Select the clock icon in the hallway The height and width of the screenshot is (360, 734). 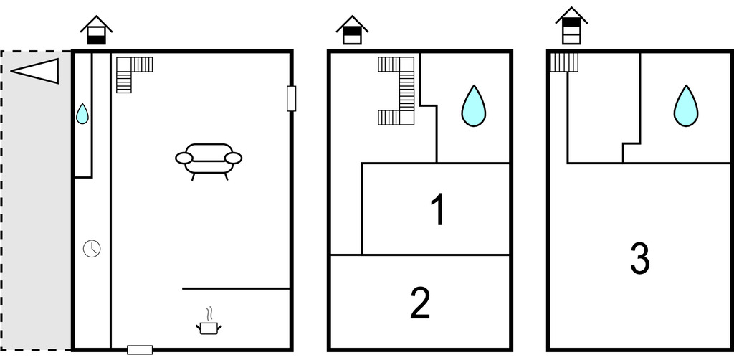click(x=92, y=248)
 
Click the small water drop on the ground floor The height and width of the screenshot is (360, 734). click(x=82, y=114)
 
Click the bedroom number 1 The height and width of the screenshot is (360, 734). click(x=437, y=209)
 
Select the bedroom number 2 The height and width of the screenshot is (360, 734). click(x=420, y=303)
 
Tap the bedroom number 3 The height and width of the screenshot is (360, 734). click(x=640, y=258)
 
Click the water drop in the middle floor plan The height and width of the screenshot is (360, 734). click(x=473, y=106)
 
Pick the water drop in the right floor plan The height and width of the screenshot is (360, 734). click(x=686, y=106)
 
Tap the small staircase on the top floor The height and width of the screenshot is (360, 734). click(x=564, y=62)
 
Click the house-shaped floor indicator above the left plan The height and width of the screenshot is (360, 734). click(x=97, y=30)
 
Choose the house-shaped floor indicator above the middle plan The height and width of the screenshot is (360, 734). click(x=352, y=30)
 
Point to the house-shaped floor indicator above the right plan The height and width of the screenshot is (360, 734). click(x=571, y=26)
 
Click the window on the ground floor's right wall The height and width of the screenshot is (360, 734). click(x=291, y=99)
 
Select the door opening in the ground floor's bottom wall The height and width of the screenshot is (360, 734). click(x=140, y=350)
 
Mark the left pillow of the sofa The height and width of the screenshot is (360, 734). click(x=184, y=158)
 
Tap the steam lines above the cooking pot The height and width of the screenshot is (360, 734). click(x=210, y=313)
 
